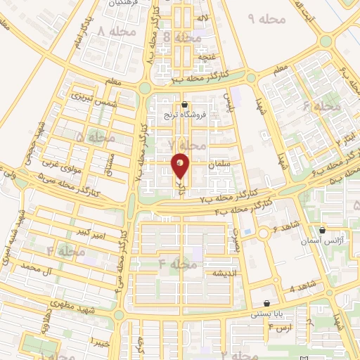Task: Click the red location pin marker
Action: click(181, 165)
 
